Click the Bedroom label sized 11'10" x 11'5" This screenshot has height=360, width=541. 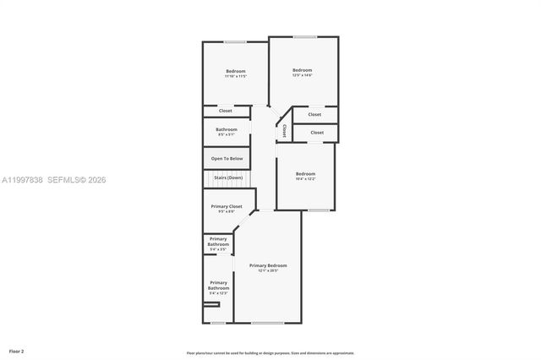(x=235, y=73)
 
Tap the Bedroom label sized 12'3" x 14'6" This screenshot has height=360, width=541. (x=303, y=72)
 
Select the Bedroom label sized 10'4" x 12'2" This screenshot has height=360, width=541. (x=305, y=176)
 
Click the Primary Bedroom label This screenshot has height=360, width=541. (x=267, y=267)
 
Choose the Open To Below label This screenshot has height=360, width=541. (x=227, y=158)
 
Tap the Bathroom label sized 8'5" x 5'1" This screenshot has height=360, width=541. (x=226, y=131)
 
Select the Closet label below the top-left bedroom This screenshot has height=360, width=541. (x=226, y=111)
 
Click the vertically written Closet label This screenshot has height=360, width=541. (x=285, y=131)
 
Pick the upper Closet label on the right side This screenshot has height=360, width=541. (x=314, y=114)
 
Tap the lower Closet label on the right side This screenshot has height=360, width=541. (x=317, y=132)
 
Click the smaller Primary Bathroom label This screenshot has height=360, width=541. (x=218, y=243)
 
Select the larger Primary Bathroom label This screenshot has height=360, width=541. (x=218, y=286)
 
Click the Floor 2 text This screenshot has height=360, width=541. (x=17, y=350)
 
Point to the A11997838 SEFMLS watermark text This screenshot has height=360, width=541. (x=53, y=179)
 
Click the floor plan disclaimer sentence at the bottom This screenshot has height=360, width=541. (x=270, y=352)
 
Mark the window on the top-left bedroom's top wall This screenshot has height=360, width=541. (x=235, y=42)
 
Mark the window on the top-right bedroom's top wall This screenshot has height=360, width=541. (x=304, y=36)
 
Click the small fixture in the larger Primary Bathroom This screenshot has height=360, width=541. (x=211, y=303)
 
